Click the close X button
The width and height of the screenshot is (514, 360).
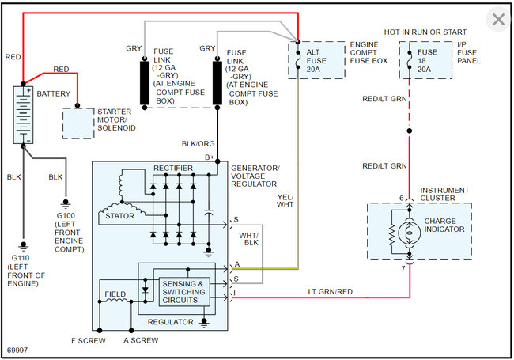[x=498, y=20]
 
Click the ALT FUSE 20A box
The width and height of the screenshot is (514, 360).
[x=316, y=59]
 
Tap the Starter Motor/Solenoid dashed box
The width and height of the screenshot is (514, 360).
[x=77, y=121]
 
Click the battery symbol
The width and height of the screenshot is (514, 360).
[x=25, y=115]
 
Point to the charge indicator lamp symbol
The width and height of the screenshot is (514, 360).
[x=410, y=232]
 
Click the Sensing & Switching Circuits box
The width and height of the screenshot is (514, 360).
[x=183, y=292]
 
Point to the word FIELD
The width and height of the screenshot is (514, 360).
[x=115, y=294]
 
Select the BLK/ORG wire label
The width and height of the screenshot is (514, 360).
[x=197, y=143]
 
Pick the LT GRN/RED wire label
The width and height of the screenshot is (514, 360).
[x=331, y=292]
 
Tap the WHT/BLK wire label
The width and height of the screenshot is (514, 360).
[x=251, y=239]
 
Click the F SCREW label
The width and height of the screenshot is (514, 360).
[x=88, y=340]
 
